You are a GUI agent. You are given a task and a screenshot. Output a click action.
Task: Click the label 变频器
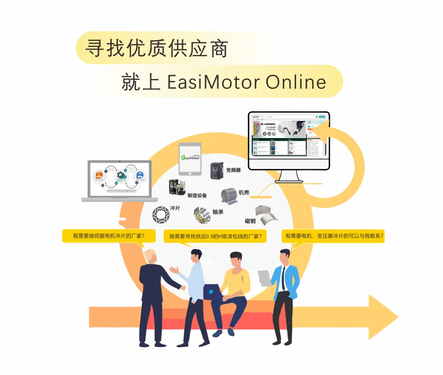click(233, 170)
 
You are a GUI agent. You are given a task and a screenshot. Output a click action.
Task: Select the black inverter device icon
click(217, 170)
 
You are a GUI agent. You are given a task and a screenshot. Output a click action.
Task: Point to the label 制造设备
click(197, 195)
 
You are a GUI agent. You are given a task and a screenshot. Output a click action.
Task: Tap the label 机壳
click(244, 192)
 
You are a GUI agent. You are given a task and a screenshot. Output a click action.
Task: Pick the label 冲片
click(175, 208)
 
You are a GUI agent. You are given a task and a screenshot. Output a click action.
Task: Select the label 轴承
click(217, 212)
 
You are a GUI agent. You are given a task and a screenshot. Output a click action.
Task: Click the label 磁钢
click(250, 221)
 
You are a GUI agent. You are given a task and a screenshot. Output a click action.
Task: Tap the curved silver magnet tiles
click(266, 214)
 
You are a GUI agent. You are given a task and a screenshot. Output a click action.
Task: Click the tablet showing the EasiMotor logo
click(190, 159)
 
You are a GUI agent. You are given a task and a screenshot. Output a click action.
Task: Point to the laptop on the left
click(120, 180)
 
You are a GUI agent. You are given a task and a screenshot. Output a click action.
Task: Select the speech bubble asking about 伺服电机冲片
click(109, 236)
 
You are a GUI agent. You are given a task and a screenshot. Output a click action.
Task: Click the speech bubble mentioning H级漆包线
click(215, 236)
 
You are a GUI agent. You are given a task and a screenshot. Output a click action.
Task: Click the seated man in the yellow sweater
click(235, 287)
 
